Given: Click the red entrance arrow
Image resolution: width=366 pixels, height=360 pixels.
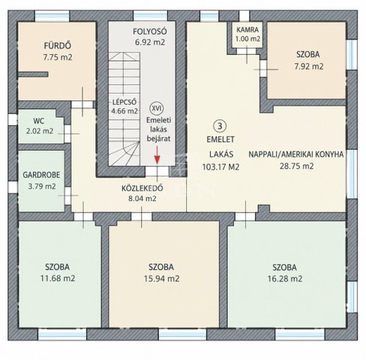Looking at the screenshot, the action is [x=157, y=155].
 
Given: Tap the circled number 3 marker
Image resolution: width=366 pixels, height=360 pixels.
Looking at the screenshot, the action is [x=220, y=126].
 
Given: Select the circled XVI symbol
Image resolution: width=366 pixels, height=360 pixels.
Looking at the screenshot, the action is [x=156, y=108].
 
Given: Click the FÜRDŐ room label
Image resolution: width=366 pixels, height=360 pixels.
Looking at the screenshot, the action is [x=58, y=46].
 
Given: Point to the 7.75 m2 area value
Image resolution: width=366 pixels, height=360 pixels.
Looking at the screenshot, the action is [x=58, y=57].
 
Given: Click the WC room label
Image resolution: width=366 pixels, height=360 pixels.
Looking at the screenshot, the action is [x=39, y=121].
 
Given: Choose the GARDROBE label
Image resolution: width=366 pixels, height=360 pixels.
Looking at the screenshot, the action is [x=41, y=175].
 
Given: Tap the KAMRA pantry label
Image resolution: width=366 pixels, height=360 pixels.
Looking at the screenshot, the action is [x=247, y=30].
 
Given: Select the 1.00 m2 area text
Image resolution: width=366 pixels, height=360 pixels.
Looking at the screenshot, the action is [x=247, y=39].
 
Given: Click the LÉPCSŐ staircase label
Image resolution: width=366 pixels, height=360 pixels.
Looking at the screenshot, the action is [x=124, y=102].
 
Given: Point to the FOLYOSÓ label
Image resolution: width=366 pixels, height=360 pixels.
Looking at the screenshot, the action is [x=150, y=31].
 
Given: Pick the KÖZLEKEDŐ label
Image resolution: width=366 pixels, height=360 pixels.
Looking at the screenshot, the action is [x=142, y=188].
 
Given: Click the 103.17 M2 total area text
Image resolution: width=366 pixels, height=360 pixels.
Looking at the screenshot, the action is [x=220, y=166].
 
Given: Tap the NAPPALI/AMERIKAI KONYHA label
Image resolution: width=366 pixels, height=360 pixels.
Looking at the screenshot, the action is [x=296, y=154].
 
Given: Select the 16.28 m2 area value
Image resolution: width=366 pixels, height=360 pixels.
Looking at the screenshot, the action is [x=285, y=278].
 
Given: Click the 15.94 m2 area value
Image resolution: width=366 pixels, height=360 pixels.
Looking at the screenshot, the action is [x=161, y=278].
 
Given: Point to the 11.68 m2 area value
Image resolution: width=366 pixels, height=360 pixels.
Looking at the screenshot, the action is [x=58, y=278].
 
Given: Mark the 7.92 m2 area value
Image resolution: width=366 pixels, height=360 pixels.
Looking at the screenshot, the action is [x=309, y=67].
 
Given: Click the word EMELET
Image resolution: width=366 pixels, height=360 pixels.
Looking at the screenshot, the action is [x=220, y=139].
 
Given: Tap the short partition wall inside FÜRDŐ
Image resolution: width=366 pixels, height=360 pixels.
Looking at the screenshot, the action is [x=33, y=74].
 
